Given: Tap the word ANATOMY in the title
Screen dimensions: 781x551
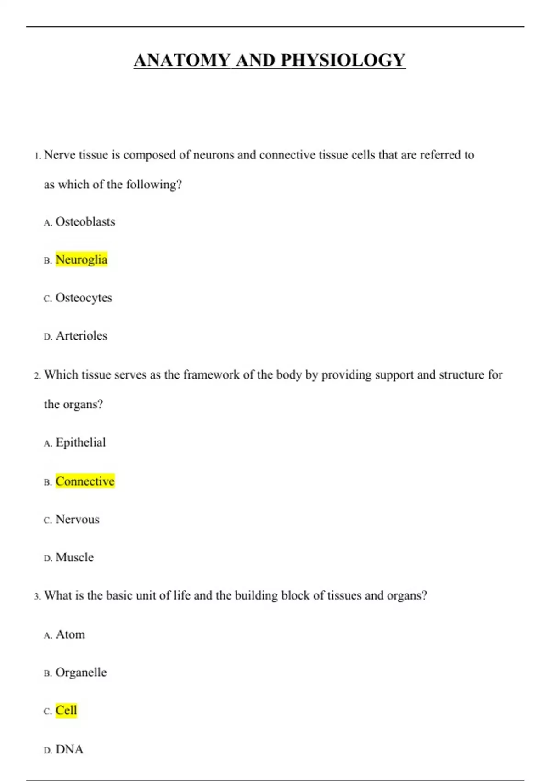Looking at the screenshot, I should (x=182, y=60).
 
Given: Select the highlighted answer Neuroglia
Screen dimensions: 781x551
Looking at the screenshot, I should (x=81, y=260).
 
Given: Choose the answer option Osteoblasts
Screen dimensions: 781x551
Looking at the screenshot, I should (x=85, y=222).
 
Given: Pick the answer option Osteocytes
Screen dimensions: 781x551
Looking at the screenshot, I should (x=84, y=298).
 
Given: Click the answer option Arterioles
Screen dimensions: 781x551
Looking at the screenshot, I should (x=81, y=336).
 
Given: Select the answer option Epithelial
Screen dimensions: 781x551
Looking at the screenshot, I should (x=80, y=442).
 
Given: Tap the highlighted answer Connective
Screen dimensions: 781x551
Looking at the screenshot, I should (x=85, y=481).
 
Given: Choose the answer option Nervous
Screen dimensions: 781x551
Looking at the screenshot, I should (x=77, y=520).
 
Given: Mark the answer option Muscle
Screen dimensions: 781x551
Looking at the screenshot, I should (x=74, y=558).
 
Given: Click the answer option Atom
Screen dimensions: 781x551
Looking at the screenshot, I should (x=70, y=634).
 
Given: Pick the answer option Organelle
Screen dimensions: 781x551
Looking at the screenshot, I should (x=81, y=673).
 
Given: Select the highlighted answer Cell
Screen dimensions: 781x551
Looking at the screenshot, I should (x=66, y=711).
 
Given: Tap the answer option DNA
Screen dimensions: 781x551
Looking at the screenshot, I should (x=69, y=749).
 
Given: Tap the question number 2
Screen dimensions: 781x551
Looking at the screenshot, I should (x=37, y=376).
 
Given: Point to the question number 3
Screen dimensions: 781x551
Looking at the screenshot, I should (x=37, y=596).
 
